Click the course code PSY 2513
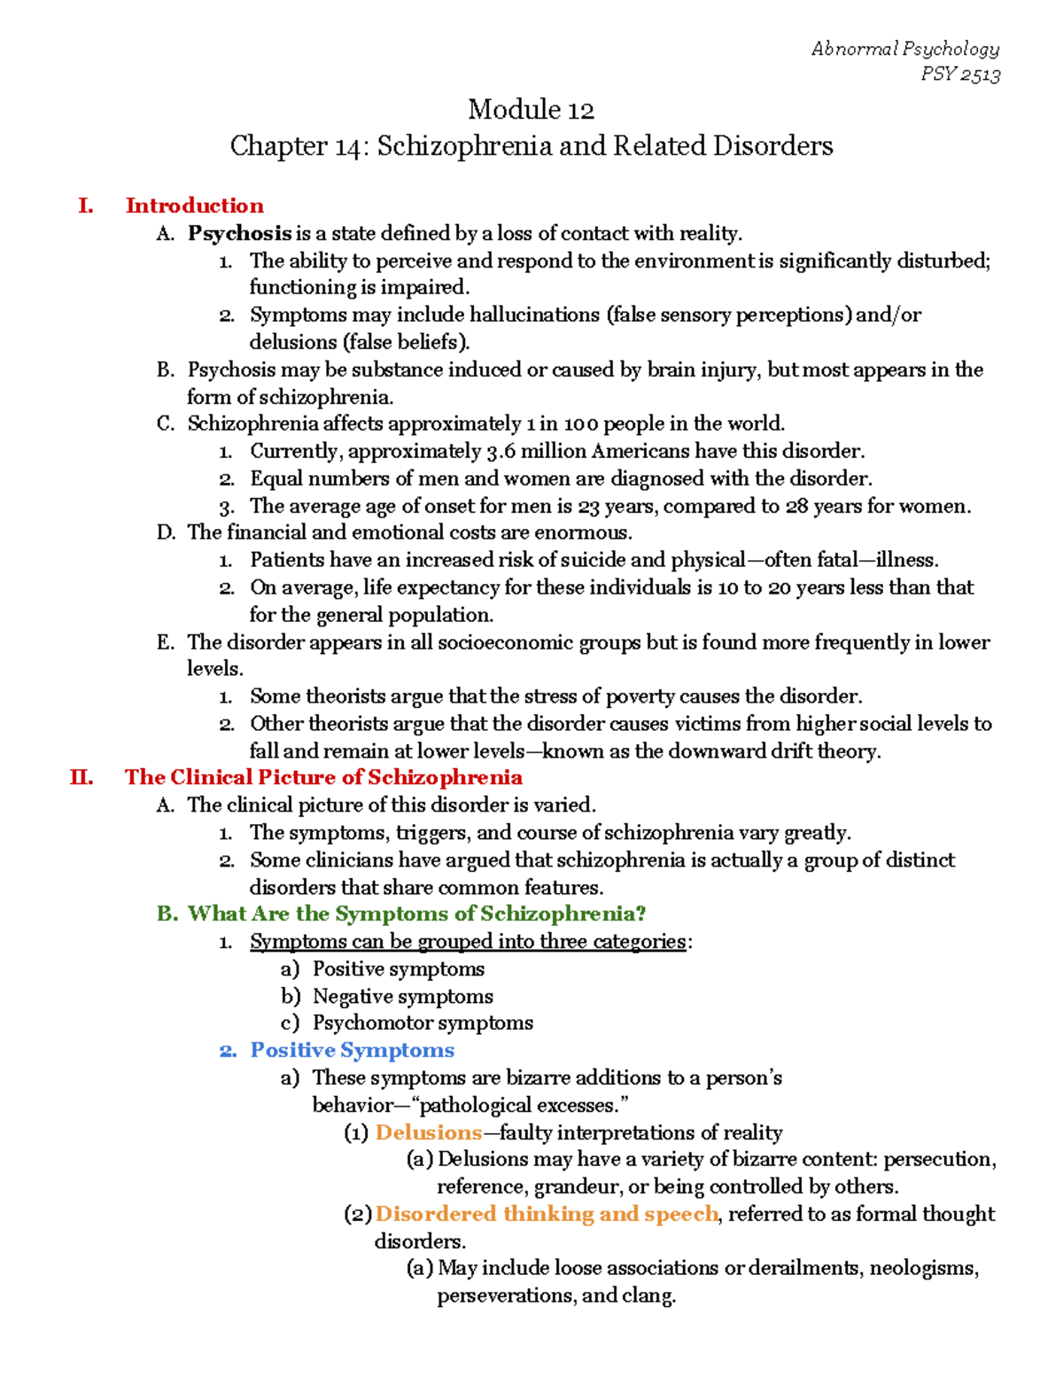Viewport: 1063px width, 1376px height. click(960, 74)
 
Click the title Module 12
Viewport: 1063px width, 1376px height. click(531, 110)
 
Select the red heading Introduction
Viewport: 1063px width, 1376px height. click(194, 206)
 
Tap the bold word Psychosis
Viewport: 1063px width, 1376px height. click(239, 233)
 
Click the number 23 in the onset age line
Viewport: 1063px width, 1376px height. click(588, 506)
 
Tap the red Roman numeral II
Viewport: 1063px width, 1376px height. click(81, 778)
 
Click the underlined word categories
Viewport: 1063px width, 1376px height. click(639, 941)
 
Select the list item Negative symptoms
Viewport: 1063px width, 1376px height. click(402, 996)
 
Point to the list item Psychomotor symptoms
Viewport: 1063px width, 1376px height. click(423, 1023)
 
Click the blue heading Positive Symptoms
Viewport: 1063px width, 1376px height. click(352, 1051)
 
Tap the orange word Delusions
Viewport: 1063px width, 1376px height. click(428, 1132)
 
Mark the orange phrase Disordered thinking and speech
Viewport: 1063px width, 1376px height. click(546, 1214)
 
